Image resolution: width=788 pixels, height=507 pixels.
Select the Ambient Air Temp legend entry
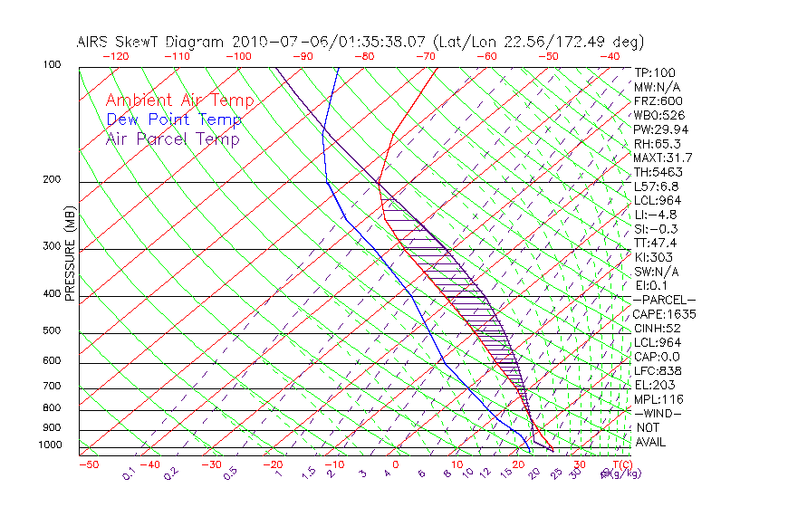179,100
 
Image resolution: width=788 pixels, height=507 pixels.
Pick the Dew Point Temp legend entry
174,120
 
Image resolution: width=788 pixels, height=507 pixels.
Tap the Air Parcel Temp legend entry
172,139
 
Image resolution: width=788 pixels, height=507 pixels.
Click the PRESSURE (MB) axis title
71,255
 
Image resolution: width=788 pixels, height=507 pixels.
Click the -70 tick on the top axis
424,55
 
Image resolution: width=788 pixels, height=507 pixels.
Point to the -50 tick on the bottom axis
88,465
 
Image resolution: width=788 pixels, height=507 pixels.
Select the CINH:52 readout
657,328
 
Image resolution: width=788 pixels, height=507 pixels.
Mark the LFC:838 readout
657,370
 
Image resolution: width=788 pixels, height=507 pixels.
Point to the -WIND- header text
657,413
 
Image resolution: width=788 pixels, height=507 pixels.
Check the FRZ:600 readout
658,100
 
